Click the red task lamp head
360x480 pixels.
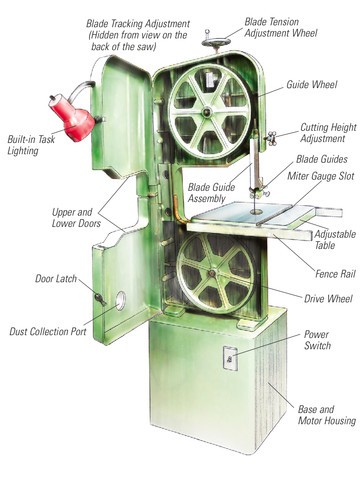(x=72, y=117)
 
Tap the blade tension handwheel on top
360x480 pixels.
(x=216, y=42)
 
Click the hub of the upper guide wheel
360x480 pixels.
(x=207, y=112)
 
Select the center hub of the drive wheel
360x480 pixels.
(x=211, y=273)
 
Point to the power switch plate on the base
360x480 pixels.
(x=230, y=358)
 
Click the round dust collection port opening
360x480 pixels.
(x=121, y=301)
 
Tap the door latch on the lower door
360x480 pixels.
(x=100, y=299)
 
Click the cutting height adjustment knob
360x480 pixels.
(x=271, y=138)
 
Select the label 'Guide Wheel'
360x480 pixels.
(x=312, y=85)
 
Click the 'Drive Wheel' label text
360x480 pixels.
(x=328, y=298)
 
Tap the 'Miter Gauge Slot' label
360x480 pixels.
(x=321, y=176)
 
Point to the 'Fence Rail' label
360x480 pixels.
(x=335, y=274)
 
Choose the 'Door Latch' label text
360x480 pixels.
(x=56, y=278)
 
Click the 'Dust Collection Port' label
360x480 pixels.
(x=48, y=331)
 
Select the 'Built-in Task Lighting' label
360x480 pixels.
(x=31, y=145)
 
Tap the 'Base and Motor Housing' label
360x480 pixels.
(x=327, y=415)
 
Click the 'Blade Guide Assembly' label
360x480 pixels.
(x=211, y=193)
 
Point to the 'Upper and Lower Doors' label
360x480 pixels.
(x=76, y=218)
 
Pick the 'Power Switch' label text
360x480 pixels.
(x=317, y=340)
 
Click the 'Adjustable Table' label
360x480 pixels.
(x=335, y=239)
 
